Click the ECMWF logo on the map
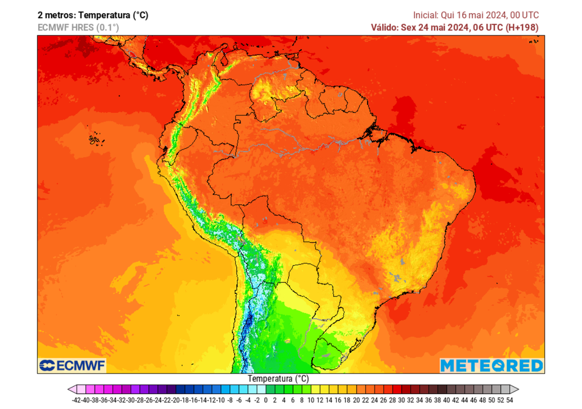(x=72, y=365)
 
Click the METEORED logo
(x=492, y=365)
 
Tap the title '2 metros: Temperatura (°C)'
(x=93, y=15)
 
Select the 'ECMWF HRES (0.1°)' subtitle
(x=78, y=27)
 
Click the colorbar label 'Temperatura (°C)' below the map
(x=278, y=378)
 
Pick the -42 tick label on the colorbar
(x=77, y=400)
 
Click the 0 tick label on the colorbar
(x=265, y=400)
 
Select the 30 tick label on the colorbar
(x=401, y=400)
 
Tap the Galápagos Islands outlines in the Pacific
(x=94, y=139)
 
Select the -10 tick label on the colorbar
(x=221, y=400)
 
